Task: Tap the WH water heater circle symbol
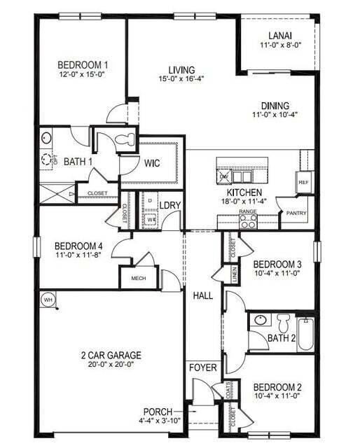48,299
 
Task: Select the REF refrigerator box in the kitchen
303,181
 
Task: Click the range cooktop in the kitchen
248,220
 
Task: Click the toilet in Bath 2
283,323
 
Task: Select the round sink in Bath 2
260,321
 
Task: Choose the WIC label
152,163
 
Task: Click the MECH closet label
138,279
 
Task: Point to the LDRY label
170,205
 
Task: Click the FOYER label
203,367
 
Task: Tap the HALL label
203,296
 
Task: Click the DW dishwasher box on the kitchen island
224,176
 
